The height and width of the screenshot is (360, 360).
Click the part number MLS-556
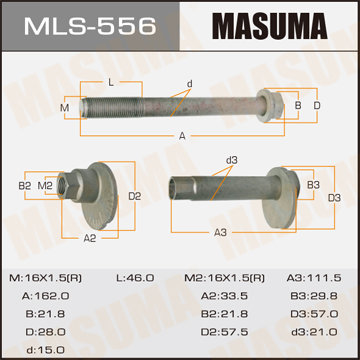(90, 26)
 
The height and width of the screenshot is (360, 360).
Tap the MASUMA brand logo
(270, 26)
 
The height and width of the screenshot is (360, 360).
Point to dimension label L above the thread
(111, 83)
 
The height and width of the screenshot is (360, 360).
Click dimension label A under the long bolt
(182, 136)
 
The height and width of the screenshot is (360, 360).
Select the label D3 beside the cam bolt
(334, 198)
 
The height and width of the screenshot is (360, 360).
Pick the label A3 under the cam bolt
(220, 232)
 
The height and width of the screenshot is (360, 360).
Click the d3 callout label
(231, 160)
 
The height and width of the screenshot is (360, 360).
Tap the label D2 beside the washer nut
(135, 196)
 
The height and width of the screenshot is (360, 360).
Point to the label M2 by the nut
(45, 186)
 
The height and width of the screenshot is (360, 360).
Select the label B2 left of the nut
(24, 186)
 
